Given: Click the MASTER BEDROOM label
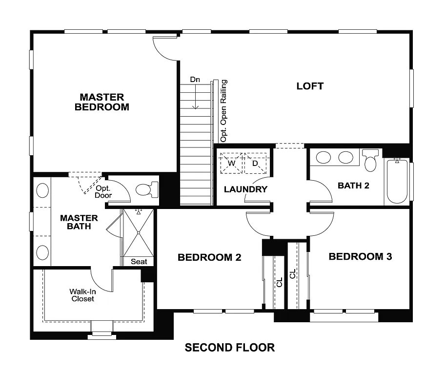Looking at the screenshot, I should coord(102,102).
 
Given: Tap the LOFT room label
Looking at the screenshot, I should coord(310,86).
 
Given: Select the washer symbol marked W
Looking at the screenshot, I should coord(231,163).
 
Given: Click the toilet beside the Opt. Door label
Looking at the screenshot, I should coord(146,189).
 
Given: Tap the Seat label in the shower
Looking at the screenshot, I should coord(139,262).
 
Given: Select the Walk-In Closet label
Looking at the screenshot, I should coord(82,295).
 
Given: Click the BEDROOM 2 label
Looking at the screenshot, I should coord(209,257).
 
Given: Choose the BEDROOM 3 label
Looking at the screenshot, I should coord(360,256).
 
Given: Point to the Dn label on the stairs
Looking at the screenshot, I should coord(195,80).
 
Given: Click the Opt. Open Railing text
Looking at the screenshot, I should coord(223,111).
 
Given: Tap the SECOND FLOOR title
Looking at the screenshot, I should coord(229,348).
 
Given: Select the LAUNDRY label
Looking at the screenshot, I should coord(245,189).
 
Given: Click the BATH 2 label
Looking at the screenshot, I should coord(353,186).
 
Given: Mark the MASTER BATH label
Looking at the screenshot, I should coord(79,222).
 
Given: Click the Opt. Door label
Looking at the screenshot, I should coord(103,191).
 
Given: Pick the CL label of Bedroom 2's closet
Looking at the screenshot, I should coord(279,283).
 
